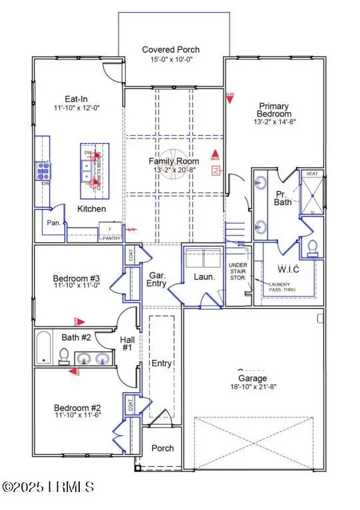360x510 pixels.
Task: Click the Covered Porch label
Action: (171, 49)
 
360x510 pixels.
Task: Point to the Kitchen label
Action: (91, 208)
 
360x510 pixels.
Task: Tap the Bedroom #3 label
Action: (77, 278)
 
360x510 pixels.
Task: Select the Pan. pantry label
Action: (54, 223)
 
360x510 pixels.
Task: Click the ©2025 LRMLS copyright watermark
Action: (47, 487)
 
